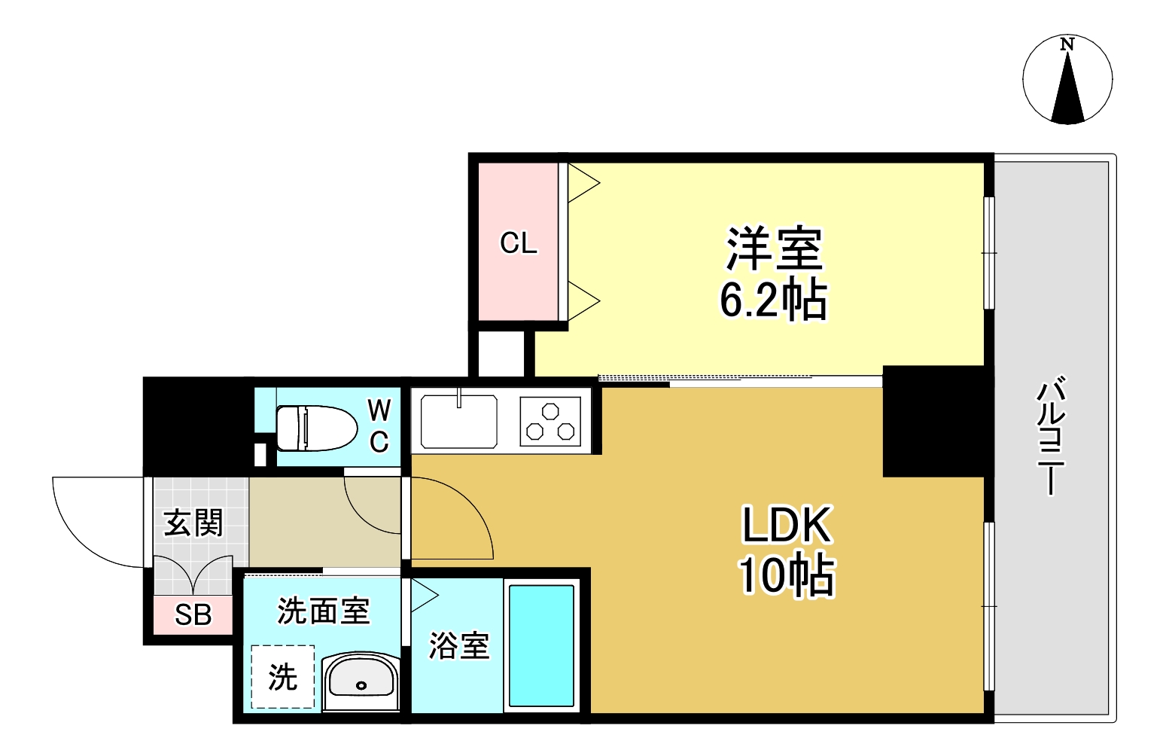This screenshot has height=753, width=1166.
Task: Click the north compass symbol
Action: coord(1067,79)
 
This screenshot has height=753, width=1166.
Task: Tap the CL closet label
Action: coord(519,243)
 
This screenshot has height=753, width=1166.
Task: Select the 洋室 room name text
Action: coord(774,248)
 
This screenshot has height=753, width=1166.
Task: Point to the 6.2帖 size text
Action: coord(774,300)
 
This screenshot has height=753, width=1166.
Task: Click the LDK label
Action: coord(787,525)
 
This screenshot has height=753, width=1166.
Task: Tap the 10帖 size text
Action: coord(787,576)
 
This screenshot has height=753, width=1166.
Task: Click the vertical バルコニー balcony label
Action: coord(1052,437)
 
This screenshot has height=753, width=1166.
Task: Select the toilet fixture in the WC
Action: coord(316,428)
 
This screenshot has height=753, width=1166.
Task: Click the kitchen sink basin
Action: coord(458,422)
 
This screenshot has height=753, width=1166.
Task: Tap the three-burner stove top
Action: coord(550,422)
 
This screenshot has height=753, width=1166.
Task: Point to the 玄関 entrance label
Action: coord(194,523)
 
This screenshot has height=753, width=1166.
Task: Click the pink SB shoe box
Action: coord(193,615)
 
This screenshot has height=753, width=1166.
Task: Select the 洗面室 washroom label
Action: coord(324,611)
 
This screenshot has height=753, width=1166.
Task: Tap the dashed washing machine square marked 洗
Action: coord(283,677)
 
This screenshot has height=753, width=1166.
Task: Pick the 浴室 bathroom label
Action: coord(458,646)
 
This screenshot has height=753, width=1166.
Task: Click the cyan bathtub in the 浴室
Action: coord(541,646)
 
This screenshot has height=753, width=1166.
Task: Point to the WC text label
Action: coord(379,426)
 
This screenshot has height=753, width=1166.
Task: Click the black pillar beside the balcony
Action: coord(933,422)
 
